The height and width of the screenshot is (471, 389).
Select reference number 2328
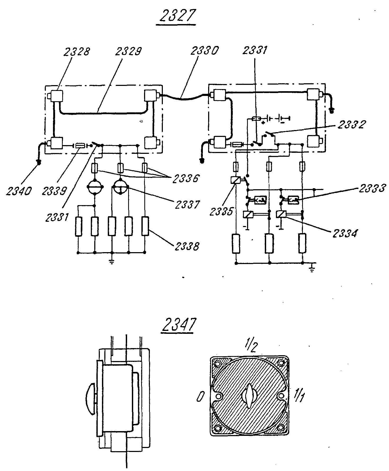click(x=76, y=51)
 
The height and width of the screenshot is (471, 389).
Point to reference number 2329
click(x=128, y=51)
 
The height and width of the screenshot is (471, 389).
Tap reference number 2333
click(x=372, y=189)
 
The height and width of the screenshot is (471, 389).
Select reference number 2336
click(x=185, y=179)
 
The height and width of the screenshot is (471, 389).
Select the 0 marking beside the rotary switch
click(x=200, y=397)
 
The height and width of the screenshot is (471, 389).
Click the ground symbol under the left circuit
click(x=112, y=262)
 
